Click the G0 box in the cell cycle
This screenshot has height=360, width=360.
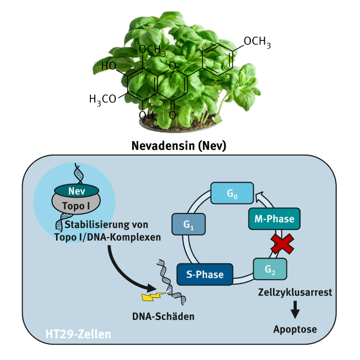coord(232,193)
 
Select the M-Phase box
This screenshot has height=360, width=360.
coord(274,219)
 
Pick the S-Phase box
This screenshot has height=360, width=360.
coord(205,274)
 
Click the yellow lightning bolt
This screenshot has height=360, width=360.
coord(153,296)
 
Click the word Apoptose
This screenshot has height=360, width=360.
coord(295,330)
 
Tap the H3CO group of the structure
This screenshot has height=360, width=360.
coord(102,99)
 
